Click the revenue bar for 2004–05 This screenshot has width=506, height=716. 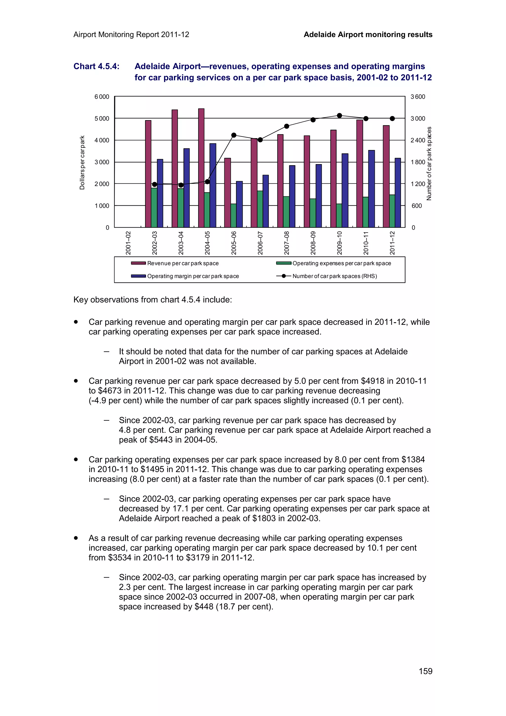(x=201, y=168)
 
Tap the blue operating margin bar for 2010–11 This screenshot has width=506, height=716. (x=371, y=189)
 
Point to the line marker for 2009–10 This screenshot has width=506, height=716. (x=339, y=116)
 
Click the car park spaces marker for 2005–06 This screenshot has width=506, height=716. (x=234, y=135)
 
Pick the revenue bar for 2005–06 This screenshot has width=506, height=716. (x=228, y=193)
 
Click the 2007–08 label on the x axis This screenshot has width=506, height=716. (x=287, y=243)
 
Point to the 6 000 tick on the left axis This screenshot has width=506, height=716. (x=102, y=97)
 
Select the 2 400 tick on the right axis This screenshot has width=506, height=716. (x=418, y=140)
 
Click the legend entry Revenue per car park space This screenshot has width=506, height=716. (x=183, y=263)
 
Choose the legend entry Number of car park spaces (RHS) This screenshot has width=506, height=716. (x=335, y=276)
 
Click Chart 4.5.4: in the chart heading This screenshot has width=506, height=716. (x=96, y=66)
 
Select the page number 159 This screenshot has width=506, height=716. (x=425, y=671)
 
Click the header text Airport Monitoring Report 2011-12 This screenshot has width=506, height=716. (x=131, y=35)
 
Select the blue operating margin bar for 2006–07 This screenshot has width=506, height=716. (x=265, y=201)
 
